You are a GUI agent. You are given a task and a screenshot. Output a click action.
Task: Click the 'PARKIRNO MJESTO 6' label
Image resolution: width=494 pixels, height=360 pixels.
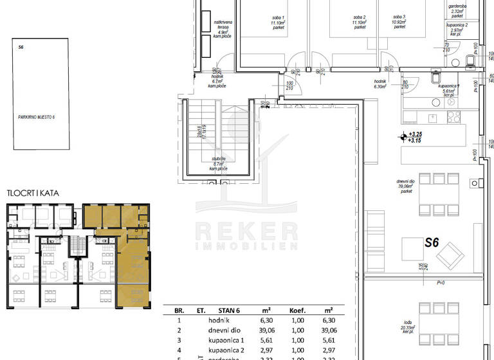(37, 117)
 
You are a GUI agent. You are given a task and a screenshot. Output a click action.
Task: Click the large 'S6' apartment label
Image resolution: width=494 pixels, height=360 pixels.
(431, 243)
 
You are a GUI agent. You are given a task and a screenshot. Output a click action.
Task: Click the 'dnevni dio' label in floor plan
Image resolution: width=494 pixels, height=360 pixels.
(425, 182)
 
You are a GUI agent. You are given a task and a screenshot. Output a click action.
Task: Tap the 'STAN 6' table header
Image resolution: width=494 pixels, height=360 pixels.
(237, 310)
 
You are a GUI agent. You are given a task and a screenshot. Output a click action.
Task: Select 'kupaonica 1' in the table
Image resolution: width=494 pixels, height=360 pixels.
(226, 341)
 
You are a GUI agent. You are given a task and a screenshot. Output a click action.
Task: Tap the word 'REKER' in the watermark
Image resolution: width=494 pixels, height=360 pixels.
(246, 230)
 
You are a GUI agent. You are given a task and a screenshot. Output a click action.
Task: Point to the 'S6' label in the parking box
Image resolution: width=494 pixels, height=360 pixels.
(21, 47)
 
